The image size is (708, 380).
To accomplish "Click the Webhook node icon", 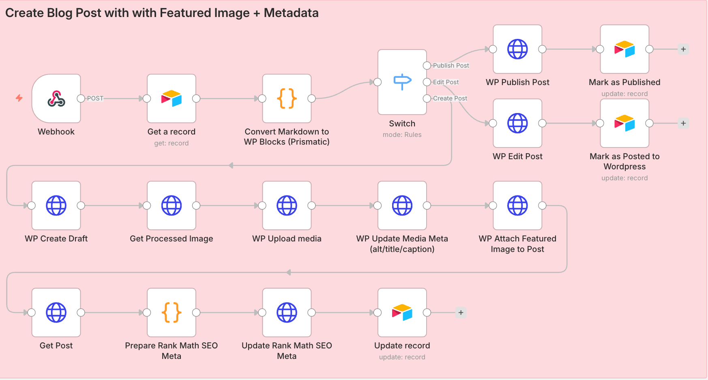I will click(56, 98).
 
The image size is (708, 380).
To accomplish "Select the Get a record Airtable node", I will click(172, 98).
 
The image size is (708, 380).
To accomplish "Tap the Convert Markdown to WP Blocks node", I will click(287, 98).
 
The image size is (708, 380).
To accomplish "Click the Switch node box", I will click(402, 82).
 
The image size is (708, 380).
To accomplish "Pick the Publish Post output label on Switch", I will click(451, 66).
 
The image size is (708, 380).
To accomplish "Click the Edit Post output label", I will click(446, 82).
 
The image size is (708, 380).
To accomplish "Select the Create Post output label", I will click(450, 98).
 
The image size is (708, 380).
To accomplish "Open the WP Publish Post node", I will click(517, 49).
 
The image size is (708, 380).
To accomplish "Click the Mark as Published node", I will click(624, 49).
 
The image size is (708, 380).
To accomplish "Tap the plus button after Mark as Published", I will click(683, 49).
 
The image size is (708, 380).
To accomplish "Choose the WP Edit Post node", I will click(517, 124).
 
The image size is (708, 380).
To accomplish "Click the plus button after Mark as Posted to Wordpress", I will click(683, 124).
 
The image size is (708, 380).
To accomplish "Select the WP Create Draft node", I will click(56, 206).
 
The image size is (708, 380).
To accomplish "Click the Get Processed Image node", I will click(172, 206).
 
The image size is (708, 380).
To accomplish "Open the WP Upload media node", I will click(287, 206).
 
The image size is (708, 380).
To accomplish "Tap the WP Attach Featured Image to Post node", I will click(517, 206).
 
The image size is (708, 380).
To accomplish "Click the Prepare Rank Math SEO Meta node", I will click(172, 313).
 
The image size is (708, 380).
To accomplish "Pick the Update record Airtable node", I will click(402, 313).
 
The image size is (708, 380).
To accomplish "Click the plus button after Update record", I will click(461, 313).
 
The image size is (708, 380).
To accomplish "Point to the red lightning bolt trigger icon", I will click(19, 98).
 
